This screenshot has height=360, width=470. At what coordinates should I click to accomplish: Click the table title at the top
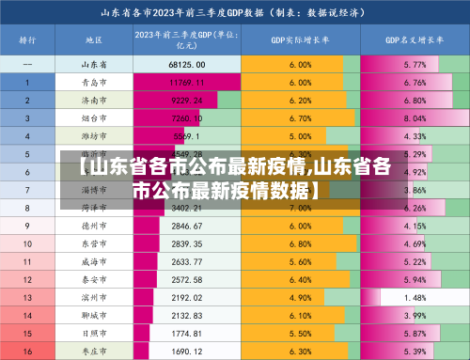tap(235, 13)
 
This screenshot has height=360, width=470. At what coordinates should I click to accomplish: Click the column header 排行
tap(27, 40)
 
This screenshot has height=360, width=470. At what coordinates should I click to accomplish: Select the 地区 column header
tap(93, 40)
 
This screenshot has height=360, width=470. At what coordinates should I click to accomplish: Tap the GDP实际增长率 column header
tap(300, 40)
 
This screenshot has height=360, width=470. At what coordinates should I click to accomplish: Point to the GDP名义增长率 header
tap(414, 40)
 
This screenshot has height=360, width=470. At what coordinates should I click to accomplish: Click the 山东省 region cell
tap(93, 65)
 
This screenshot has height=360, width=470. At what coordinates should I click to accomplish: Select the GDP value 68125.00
tap(187, 65)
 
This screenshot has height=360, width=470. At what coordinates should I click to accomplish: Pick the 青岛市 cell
tap(93, 83)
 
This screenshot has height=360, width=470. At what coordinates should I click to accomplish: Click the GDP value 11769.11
tap(187, 83)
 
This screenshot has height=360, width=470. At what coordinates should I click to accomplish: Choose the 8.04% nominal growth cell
tap(414, 118)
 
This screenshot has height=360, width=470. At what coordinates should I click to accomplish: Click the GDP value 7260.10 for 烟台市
tap(187, 118)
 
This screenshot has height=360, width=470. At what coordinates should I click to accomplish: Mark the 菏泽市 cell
tap(93, 208)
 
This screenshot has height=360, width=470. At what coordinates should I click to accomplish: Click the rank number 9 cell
tap(27, 227)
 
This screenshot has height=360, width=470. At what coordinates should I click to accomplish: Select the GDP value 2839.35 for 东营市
tap(187, 244)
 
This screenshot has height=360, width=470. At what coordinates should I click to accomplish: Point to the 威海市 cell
tap(93, 262)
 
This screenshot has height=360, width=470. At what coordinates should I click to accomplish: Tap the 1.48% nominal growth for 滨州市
tap(414, 298)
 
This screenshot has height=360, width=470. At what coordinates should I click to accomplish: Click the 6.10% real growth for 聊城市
tap(300, 316)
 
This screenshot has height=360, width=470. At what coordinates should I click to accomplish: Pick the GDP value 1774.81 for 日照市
tap(187, 334)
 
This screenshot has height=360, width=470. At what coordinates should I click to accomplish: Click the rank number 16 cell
tap(27, 351)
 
